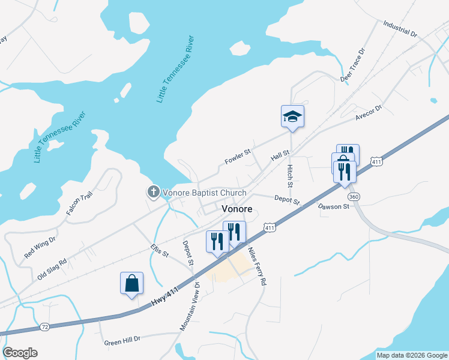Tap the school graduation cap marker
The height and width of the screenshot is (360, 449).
pyautogui.click(x=292, y=116)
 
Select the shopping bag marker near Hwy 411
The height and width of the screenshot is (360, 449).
pyautogui.click(x=131, y=283)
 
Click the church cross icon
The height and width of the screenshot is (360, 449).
pyautogui.click(x=153, y=193)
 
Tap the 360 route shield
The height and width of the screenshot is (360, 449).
pyautogui.click(x=353, y=196)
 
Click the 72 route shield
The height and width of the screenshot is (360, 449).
pyautogui.click(x=44, y=327)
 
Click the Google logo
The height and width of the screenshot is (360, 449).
pyautogui.click(x=20, y=353)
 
